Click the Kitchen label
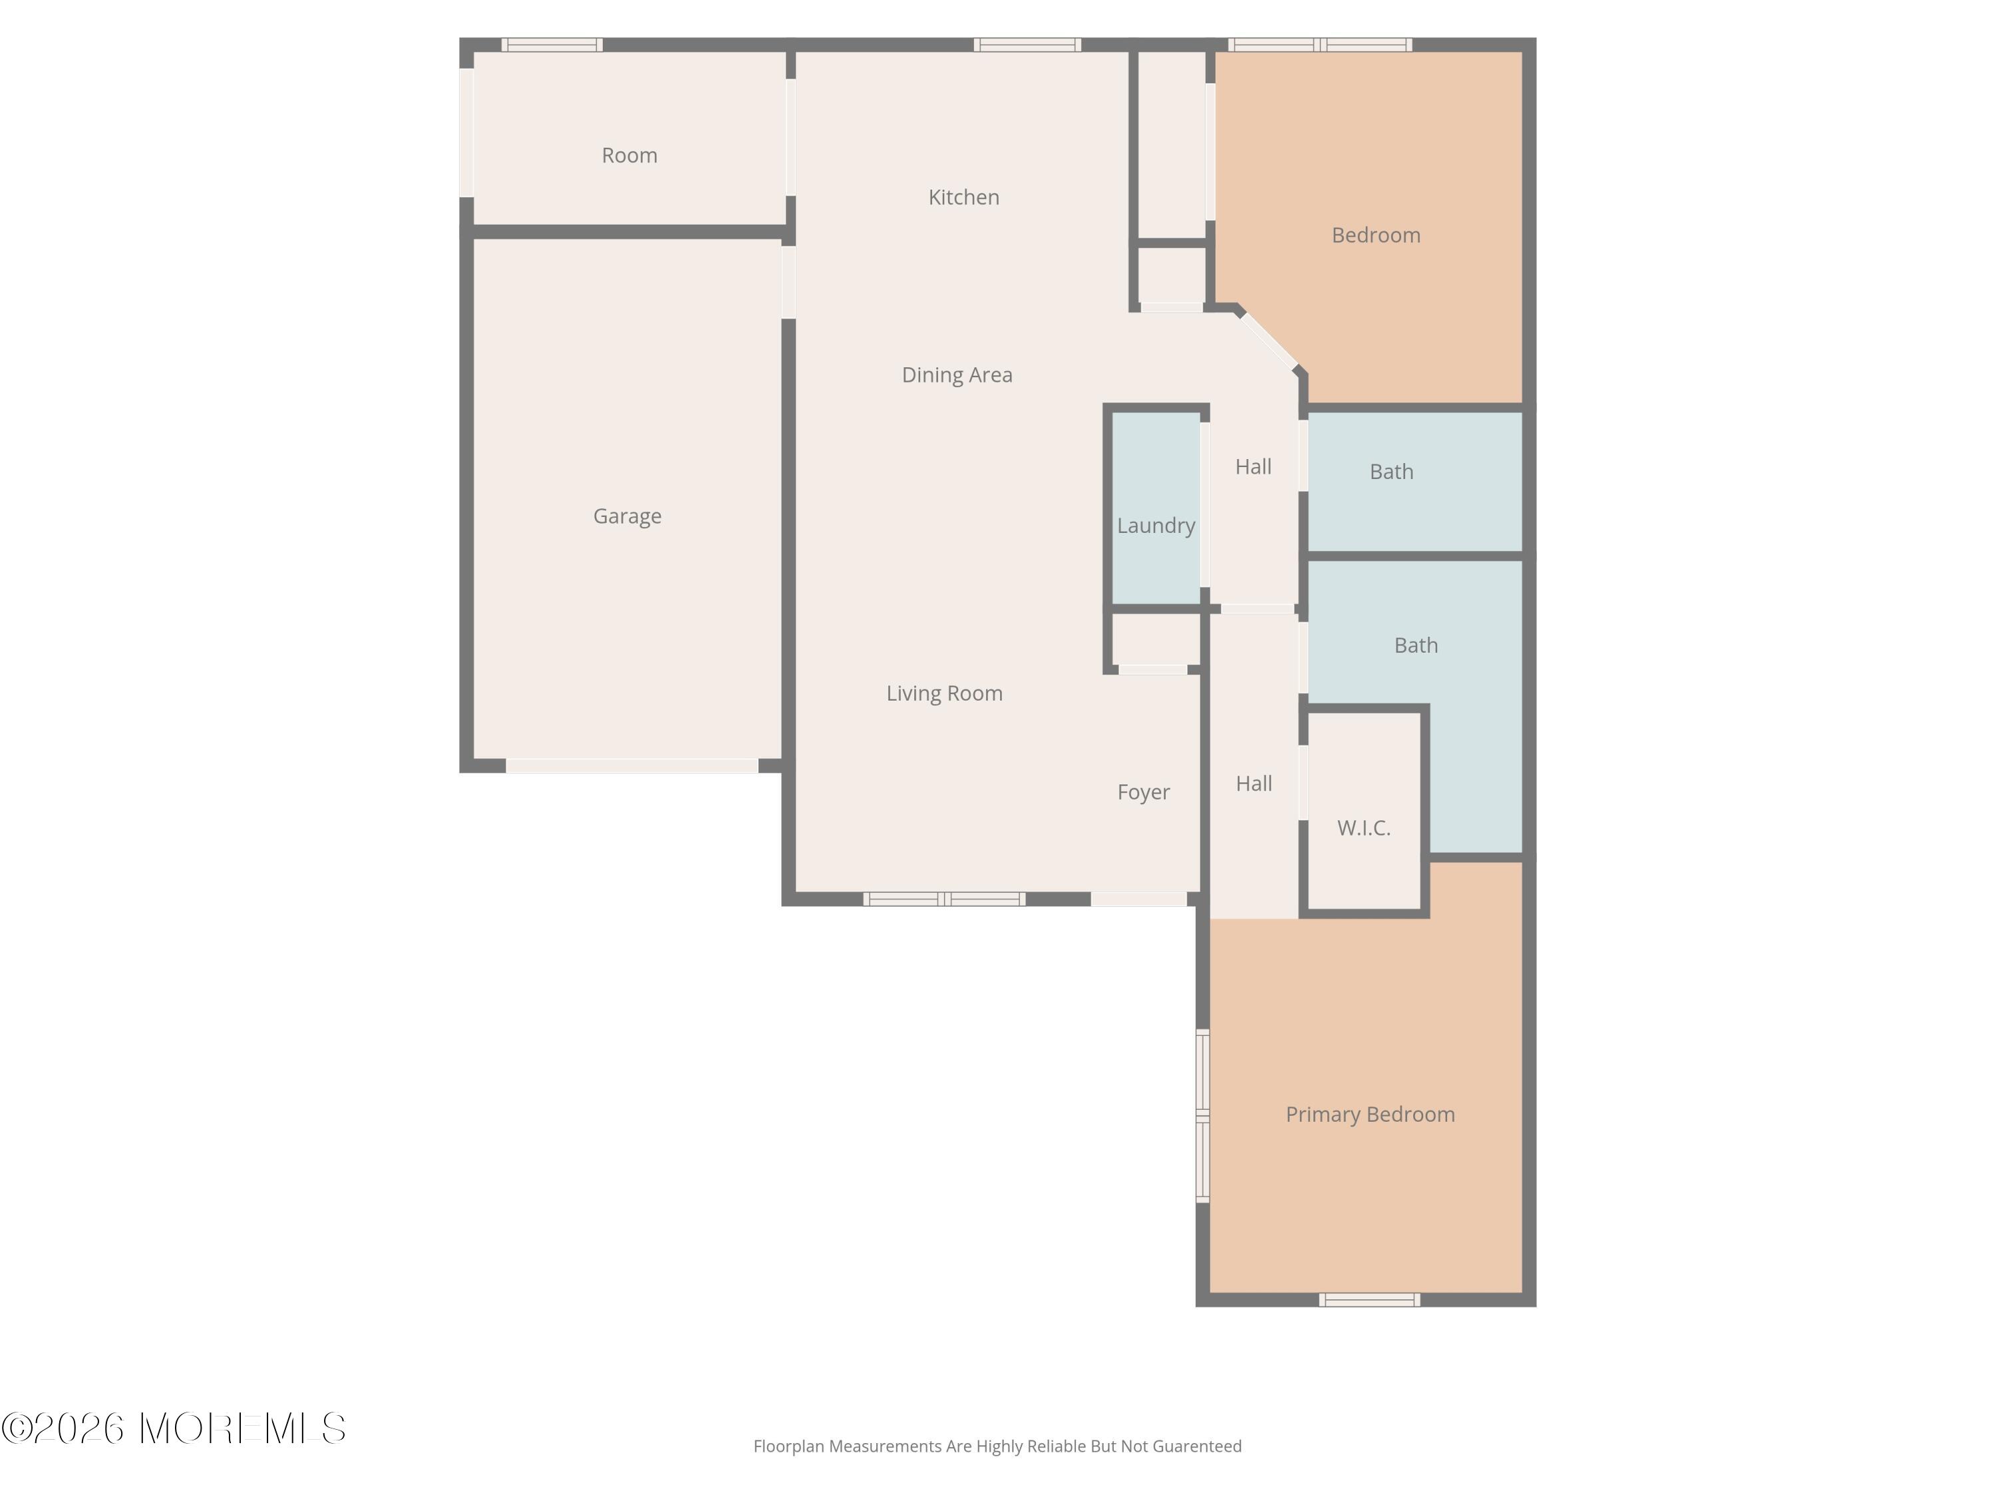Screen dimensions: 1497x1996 coord(963,197)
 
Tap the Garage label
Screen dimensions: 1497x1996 coord(627,516)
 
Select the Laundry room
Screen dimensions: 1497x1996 coord(1155,525)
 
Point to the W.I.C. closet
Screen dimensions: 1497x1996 coord(1363,828)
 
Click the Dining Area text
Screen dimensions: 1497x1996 coord(957,375)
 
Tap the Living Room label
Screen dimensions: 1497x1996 coord(944,693)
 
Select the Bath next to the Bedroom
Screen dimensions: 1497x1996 coord(1391,471)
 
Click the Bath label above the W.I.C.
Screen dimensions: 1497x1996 coord(1415,645)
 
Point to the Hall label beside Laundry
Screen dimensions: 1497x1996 coord(1252,466)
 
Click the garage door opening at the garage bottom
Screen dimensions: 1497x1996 coord(631,766)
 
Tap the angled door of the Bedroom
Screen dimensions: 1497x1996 coord(1268,340)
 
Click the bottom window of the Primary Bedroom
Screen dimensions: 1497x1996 coord(1369,1299)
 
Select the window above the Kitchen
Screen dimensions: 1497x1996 coord(1027,44)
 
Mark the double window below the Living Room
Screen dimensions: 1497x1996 coord(944,899)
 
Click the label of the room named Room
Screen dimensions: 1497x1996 coord(629,155)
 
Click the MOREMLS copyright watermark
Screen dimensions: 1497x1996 coord(173,1428)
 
